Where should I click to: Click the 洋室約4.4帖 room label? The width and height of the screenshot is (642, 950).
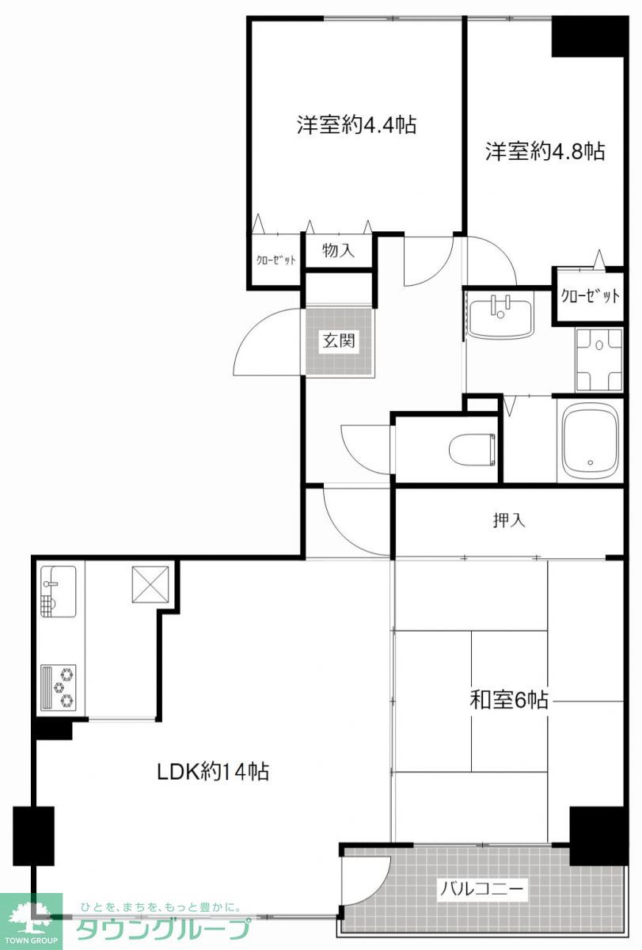tap(356, 125)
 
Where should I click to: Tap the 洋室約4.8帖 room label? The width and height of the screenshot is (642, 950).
tap(545, 151)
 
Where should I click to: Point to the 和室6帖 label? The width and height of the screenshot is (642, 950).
tap(508, 700)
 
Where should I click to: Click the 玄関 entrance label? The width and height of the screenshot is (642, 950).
tap(339, 340)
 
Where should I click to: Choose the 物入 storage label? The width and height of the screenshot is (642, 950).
tap(338, 250)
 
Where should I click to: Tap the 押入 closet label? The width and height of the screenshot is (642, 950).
tap(509, 520)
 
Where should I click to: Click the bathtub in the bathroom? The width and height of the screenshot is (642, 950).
tap(590, 440)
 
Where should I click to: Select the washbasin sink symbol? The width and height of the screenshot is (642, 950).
tap(500, 317)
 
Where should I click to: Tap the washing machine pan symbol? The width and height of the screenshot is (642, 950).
tap(598, 360)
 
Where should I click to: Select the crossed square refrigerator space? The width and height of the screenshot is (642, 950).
tap(150, 584)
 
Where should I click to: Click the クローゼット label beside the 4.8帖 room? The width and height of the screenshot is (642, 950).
tap(590, 295)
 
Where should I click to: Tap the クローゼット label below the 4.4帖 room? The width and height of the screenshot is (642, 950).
tap(275, 260)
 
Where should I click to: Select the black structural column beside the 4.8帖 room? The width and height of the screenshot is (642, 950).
tap(588, 36)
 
